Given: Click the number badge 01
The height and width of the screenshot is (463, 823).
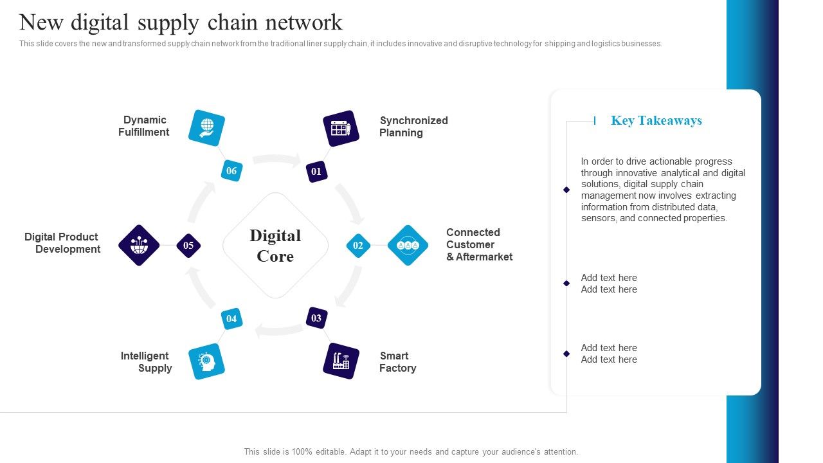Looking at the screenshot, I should tap(316, 172).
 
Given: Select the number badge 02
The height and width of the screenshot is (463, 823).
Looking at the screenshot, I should tap(358, 246).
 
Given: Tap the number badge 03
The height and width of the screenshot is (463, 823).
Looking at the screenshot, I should tap(316, 318).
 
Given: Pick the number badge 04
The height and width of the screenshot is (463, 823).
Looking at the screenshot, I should tap(231, 319).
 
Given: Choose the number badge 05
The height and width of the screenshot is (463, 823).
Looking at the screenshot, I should tap(188, 246).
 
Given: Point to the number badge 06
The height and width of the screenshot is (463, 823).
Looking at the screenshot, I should tap(231, 171).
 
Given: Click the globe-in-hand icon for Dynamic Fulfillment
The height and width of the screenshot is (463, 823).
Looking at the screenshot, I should tap(207, 128).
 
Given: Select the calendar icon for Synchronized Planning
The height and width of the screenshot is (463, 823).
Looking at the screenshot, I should tap(341, 128).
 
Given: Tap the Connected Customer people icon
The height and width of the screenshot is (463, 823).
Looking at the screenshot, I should tap(408, 245).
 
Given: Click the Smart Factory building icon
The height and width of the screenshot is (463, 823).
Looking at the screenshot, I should tap(341, 361).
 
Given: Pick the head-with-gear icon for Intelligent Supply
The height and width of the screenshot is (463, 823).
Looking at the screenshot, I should tap(207, 361).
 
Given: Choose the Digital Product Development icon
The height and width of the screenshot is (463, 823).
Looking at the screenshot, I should tap(139, 245).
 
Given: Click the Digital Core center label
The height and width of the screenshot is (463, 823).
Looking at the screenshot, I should tap(275, 246).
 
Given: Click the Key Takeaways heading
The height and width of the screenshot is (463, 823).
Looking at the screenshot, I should tap(656, 121).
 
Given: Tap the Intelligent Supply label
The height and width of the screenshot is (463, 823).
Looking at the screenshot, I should tap(147, 362).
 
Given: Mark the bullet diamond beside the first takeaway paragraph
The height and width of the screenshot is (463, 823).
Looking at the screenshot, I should tap(566, 190).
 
